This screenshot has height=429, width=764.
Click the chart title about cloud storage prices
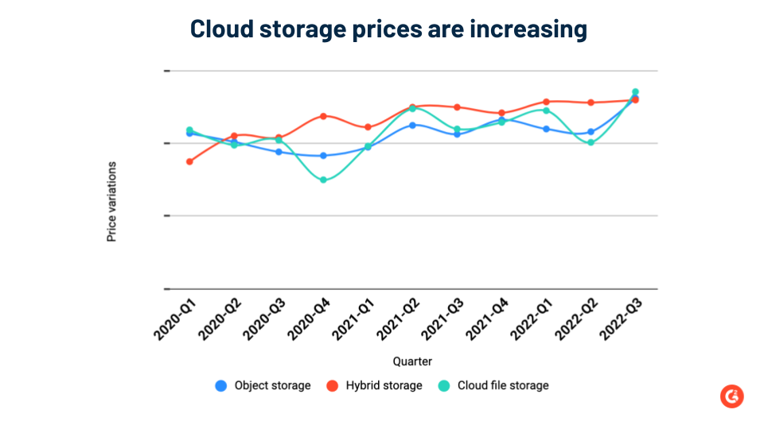click(x=388, y=29)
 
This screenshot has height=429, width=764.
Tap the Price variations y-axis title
click(x=111, y=202)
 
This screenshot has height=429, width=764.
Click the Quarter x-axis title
click(x=411, y=361)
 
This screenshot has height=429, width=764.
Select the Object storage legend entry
click(x=263, y=385)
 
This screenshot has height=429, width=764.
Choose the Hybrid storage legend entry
click(x=374, y=385)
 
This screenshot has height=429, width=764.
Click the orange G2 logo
click(x=731, y=396)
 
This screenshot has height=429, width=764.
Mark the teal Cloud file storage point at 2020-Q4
click(x=323, y=180)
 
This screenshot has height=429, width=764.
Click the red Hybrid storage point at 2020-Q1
click(x=189, y=161)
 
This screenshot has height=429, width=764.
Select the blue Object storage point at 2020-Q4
click(x=323, y=156)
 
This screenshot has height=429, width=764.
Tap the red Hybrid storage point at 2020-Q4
click(x=323, y=116)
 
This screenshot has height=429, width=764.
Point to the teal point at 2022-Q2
click(x=591, y=143)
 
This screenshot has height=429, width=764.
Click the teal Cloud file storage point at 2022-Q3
click(x=635, y=92)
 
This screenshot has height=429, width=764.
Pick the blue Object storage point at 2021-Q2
click(x=412, y=125)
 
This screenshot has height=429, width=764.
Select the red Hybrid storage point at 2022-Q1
click(x=546, y=102)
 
